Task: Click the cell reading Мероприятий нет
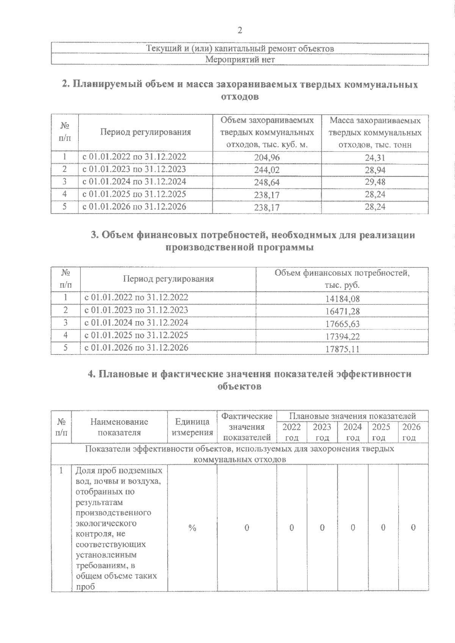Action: [x=240, y=59]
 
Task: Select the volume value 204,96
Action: [x=267, y=158]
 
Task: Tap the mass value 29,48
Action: [x=375, y=182]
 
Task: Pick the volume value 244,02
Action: [x=267, y=170]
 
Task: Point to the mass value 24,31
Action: [x=375, y=158]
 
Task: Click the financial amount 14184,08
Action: [x=342, y=299]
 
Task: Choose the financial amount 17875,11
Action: [x=342, y=349]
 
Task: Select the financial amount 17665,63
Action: [x=342, y=324]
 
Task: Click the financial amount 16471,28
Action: [x=342, y=312]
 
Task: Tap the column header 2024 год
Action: [x=353, y=432]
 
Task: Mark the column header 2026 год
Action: [x=411, y=432]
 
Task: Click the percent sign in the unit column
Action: [x=192, y=528]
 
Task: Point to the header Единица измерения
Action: [x=192, y=427]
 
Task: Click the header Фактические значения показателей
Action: [x=247, y=427]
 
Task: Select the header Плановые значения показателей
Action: [x=353, y=416]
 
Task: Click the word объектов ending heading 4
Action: [x=240, y=387]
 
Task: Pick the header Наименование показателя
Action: [x=119, y=427]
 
